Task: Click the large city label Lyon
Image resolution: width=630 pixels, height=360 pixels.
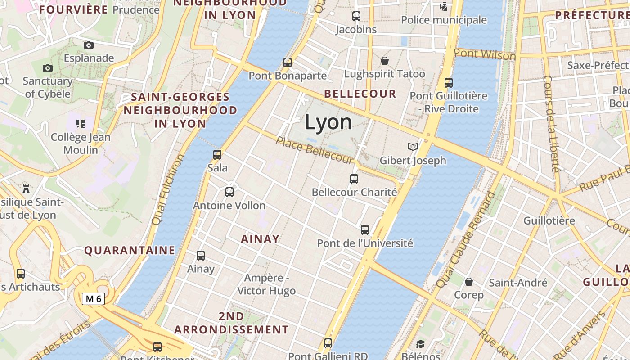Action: click(328, 122)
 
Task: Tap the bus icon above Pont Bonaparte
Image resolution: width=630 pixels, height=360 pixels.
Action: click(288, 63)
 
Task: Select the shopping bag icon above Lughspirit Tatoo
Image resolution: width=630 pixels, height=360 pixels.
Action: click(385, 61)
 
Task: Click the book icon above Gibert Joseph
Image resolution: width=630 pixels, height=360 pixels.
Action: click(413, 147)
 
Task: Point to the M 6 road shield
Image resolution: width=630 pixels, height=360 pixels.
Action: click(94, 298)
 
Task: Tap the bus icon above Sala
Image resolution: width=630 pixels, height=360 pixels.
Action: click(217, 155)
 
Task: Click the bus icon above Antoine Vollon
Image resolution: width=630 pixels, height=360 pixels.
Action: click(229, 193)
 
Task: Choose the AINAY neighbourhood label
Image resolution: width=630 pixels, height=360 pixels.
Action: click(260, 239)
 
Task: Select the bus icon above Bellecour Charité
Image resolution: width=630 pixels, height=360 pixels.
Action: click(354, 179)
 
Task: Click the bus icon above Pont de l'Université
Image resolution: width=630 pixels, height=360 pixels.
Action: click(365, 230)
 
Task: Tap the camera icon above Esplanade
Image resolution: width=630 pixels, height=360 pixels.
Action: click(89, 45)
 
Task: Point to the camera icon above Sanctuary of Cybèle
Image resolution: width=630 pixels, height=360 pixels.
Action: click(47, 68)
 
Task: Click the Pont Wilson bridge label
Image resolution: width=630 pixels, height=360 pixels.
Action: click(485, 54)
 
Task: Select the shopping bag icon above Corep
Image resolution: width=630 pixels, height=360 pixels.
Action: click(469, 282)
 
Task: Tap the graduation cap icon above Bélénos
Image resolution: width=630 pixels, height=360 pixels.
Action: click(420, 344)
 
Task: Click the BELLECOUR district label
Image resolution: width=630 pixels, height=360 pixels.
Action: click(360, 94)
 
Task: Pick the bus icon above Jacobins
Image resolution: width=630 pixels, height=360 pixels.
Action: click(356, 16)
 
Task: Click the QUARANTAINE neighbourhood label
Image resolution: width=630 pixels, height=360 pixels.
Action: click(130, 251)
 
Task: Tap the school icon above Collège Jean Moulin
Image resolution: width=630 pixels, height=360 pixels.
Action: click(81, 124)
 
